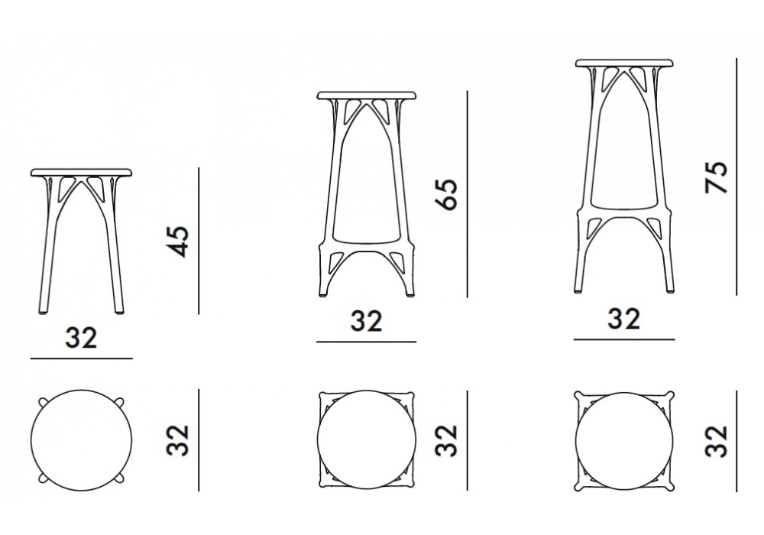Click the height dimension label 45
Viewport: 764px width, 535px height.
[x=177, y=242]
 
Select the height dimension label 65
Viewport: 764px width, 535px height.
[x=446, y=194]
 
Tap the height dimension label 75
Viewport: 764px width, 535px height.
[x=717, y=177]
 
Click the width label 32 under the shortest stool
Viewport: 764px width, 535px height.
[x=82, y=337]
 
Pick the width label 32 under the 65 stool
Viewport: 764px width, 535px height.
[x=367, y=320]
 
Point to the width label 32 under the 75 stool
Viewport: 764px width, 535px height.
[x=623, y=319]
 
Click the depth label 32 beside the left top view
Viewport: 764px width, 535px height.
[x=177, y=440]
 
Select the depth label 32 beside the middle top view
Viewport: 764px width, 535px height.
[x=446, y=440]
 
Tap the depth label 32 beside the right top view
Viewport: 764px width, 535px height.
[x=717, y=441]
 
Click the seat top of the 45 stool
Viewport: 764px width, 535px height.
[x=82, y=173]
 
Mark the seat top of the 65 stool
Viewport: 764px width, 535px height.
[x=367, y=95]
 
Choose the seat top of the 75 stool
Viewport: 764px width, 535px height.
[x=624, y=63]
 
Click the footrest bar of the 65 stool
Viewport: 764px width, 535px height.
[x=367, y=242]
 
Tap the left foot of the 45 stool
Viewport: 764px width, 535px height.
[x=43, y=312]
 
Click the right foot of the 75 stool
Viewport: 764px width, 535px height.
[x=671, y=290]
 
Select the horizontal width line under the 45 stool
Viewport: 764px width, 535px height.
[x=82, y=358]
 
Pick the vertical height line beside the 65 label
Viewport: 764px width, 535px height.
[x=468, y=194]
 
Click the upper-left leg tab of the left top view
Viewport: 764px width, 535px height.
[x=43, y=401]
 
